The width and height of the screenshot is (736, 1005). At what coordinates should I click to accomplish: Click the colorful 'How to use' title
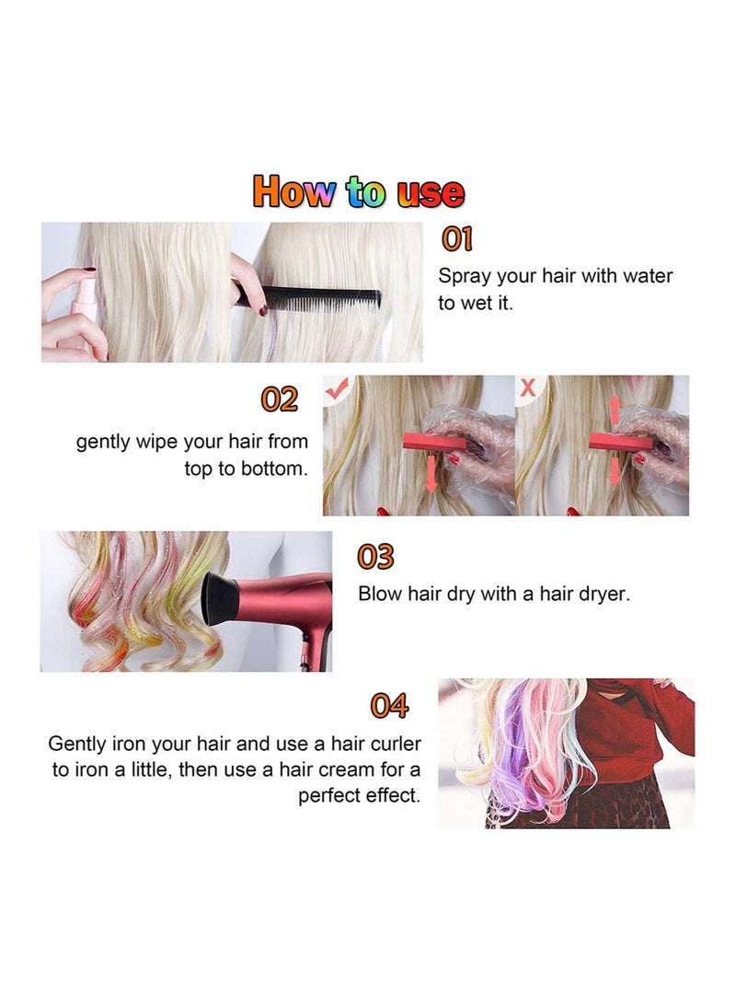(x=359, y=192)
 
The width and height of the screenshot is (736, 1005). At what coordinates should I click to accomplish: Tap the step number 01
(x=457, y=239)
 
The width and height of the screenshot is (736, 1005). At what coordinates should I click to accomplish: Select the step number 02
(x=280, y=399)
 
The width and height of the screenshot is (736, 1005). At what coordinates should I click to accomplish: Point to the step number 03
(x=375, y=557)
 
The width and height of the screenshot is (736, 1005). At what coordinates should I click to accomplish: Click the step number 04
(x=389, y=706)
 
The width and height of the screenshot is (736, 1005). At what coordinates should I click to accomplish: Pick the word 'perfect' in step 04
(x=329, y=796)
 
